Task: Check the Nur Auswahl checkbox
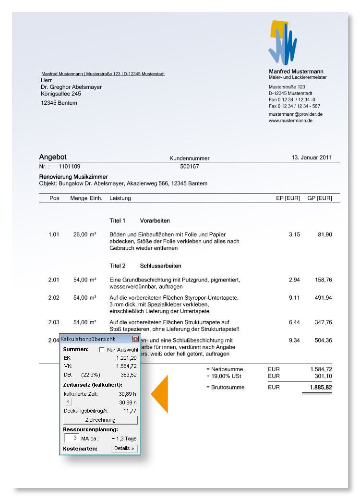tap(102, 350)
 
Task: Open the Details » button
tap(124, 448)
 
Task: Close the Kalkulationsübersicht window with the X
tap(135, 339)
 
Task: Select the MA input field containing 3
tap(71, 438)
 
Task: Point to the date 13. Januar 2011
tap(312, 157)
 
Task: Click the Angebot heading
tap(53, 157)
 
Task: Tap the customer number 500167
tap(189, 167)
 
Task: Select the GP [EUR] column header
tap(319, 198)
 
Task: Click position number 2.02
tap(54, 298)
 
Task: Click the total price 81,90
tap(324, 234)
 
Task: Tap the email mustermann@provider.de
tap(295, 114)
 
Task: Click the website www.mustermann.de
tap(290, 121)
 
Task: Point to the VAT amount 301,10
tap(322, 376)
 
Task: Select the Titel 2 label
tap(117, 266)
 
